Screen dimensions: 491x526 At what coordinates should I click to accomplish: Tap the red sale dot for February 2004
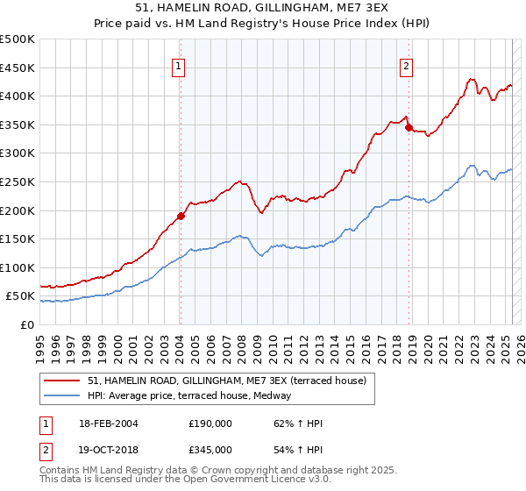181,216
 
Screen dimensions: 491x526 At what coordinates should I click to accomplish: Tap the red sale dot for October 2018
409,127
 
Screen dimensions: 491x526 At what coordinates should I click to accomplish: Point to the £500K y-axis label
18,39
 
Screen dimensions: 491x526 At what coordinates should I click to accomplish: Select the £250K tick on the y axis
18,181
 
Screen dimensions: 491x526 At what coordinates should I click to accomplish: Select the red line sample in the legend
62,381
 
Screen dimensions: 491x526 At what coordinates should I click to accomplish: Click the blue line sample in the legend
62,396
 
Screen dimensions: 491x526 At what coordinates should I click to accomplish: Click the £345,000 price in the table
210,449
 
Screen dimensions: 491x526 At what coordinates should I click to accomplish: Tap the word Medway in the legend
285,396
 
